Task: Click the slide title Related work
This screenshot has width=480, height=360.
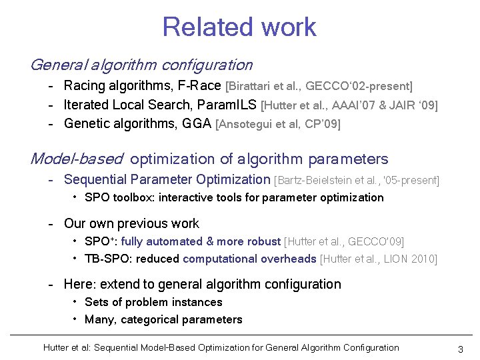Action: (x=239, y=27)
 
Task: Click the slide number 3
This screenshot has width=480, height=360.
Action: (x=461, y=349)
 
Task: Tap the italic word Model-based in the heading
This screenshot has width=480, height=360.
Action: (x=77, y=159)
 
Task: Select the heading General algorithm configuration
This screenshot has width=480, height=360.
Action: (x=141, y=65)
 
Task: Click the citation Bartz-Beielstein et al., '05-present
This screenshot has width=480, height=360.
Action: (x=357, y=180)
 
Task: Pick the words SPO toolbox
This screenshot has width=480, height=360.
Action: (x=117, y=197)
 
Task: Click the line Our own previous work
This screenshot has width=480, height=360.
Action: (x=131, y=224)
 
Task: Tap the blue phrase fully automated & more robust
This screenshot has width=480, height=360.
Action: (x=201, y=241)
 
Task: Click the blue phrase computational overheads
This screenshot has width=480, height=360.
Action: (x=250, y=259)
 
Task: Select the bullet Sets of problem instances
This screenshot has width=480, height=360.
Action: (x=153, y=302)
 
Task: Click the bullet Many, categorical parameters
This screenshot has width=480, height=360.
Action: (x=163, y=319)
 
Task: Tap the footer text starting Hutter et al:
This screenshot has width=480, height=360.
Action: (x=221, y=347)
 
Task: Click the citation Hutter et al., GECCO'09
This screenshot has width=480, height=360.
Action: (x=344, y=242)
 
